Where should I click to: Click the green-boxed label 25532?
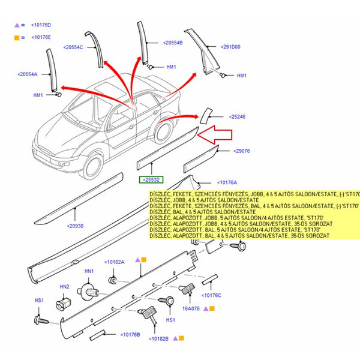[x=151, y=180]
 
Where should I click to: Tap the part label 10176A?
[x=227, y=182]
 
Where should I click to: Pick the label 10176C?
[x=211, y=295]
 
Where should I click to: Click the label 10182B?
[x=157, y=339]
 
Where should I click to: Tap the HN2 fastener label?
[x=64, y=287]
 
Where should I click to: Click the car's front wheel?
[x=96, y=166]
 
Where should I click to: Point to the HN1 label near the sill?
[x=89, y=272]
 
